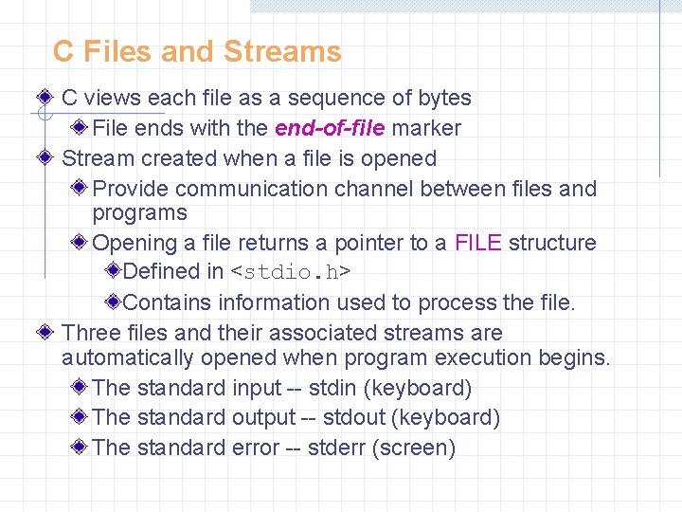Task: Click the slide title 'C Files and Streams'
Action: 197,51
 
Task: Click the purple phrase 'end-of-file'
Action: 330,128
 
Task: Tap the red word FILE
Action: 478,243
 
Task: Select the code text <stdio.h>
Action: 292,273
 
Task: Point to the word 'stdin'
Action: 332,388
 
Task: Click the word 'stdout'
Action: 347,417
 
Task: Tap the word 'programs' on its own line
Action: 140,213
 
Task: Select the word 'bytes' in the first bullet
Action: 444,98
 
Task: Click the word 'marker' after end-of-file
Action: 425,128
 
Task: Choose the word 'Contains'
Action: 168,303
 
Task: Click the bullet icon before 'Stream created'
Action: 46,158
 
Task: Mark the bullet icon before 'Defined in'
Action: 113,272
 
